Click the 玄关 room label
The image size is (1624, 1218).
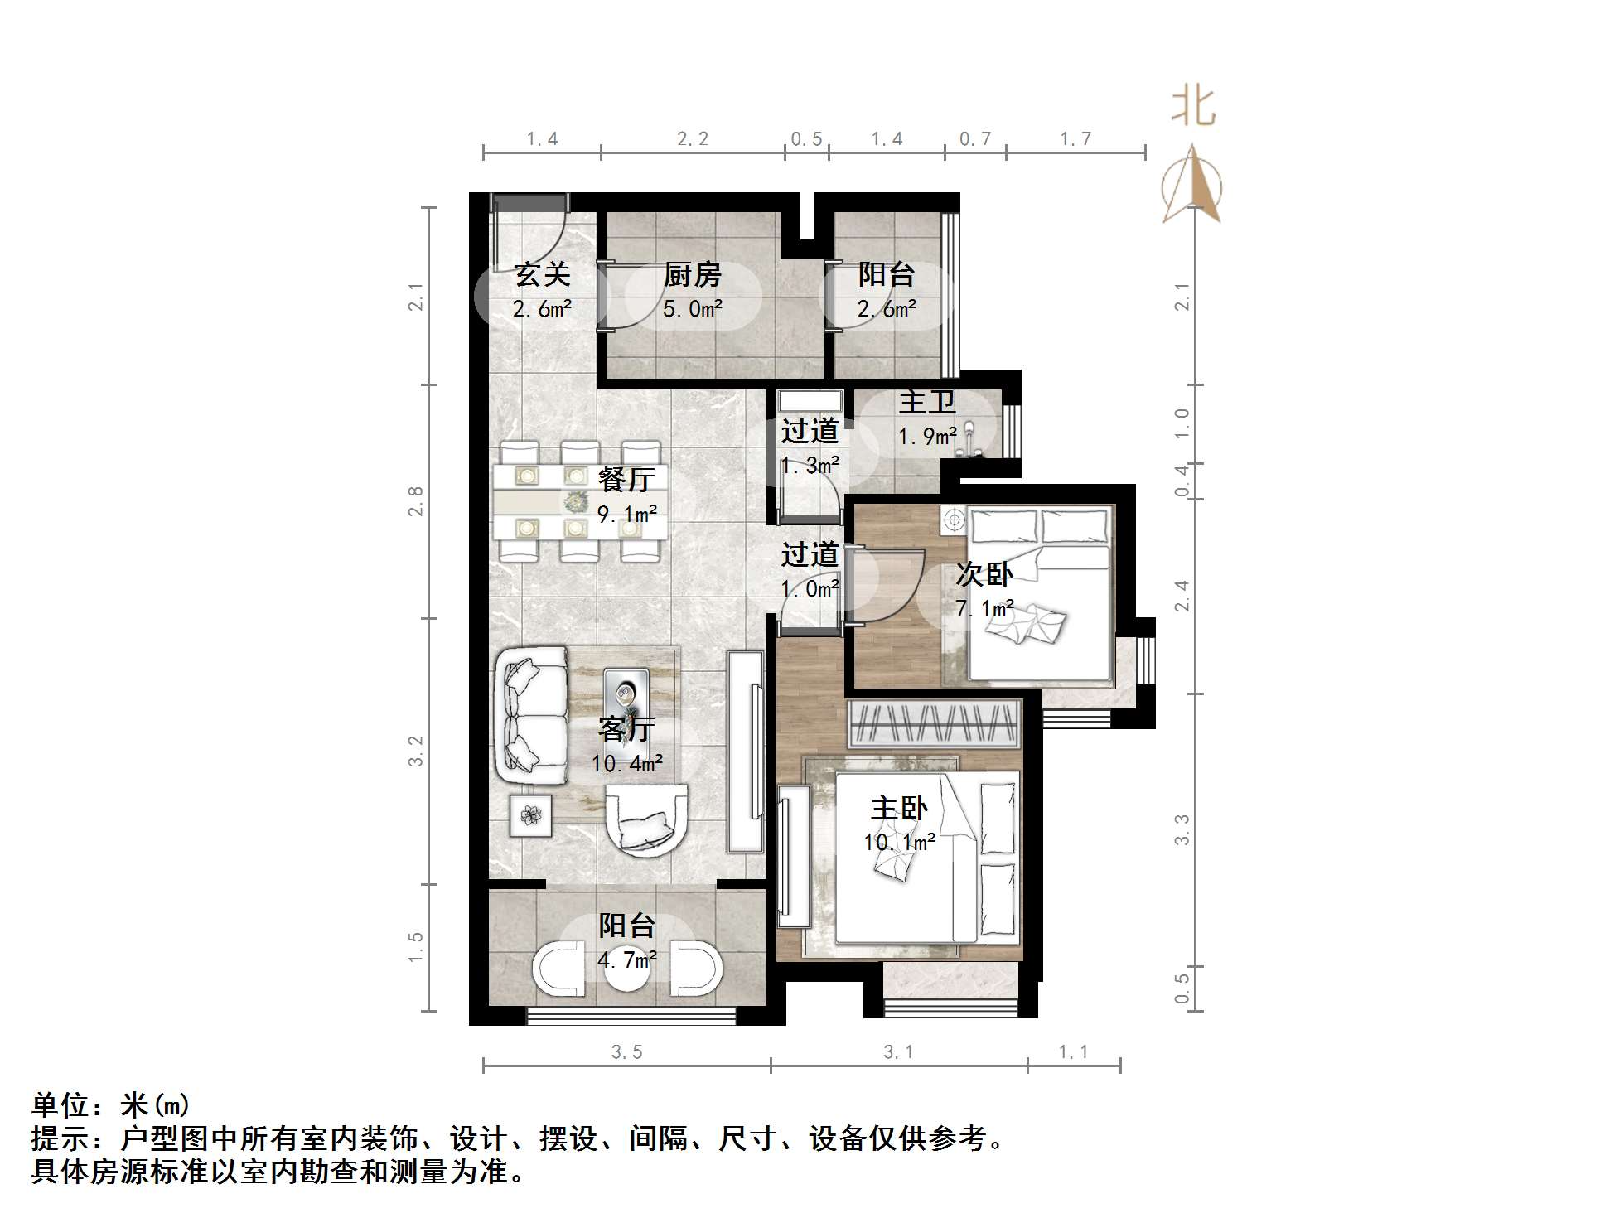(x=543, y=274)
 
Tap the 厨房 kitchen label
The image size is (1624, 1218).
(x=693, y=274)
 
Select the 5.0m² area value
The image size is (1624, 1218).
(x=693, y=310)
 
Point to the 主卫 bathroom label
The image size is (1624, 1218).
(x=927, y=403)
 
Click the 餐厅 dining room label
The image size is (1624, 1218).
(x=626, y=479)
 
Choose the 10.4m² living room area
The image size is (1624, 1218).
(x=627, y=763)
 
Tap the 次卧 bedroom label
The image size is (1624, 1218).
(x=984, y=573)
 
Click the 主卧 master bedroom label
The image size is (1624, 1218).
(x=899, y=808)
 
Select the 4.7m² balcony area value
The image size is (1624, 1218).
(x=627, y=960)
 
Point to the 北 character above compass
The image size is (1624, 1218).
(x=1193, y=108)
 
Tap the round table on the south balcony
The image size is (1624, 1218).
(x=627, y=978)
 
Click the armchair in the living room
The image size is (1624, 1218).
(x=646, y=821)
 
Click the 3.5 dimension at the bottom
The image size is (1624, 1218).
(x=627, y=1052)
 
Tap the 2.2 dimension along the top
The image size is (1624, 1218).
(x=693, y=139)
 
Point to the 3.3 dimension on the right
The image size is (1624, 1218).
(x=1182, y=829)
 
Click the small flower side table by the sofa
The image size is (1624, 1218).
(x=530, y=816)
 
